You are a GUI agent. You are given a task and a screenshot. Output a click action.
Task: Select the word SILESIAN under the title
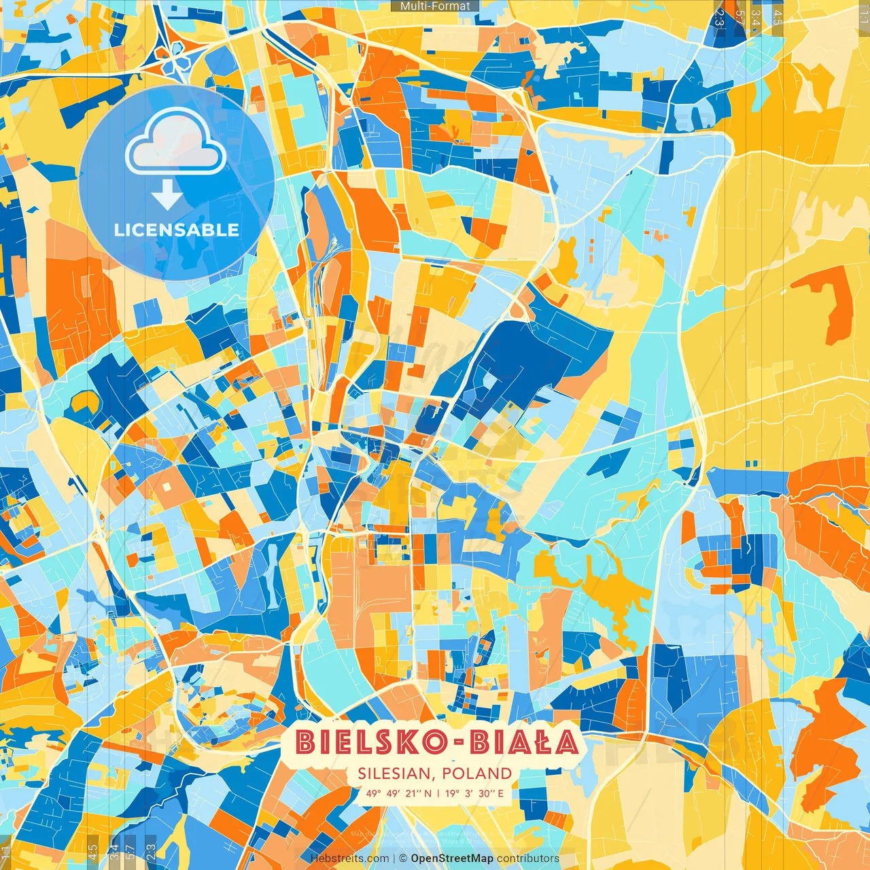pyautogui.click(x=396, y=773)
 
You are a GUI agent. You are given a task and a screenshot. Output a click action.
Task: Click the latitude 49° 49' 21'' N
pyautogui.click(x=398, y=793)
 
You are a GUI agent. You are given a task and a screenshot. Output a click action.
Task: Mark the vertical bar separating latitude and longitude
pyautogui.click(x=438, y=793)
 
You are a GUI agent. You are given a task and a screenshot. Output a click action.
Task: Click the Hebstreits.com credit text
pyautogui.click(x=349, y=858)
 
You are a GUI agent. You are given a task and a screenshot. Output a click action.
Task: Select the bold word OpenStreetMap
pyautogui.click(x=452, y=858)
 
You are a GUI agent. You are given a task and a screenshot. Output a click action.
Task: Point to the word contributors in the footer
pyautogui.click(x=528, y=858)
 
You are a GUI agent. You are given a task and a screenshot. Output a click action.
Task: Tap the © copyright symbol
pyautogui.click(x=402, y=858)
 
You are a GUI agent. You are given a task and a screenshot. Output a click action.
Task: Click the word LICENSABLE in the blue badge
pyautogui.click(x=177, y=230)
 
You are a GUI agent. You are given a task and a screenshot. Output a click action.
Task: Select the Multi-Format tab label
pyautogui.click(x=435, y=6)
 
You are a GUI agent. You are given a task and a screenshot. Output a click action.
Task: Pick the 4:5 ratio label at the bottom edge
pyautogui.click(x=92, y=849)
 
